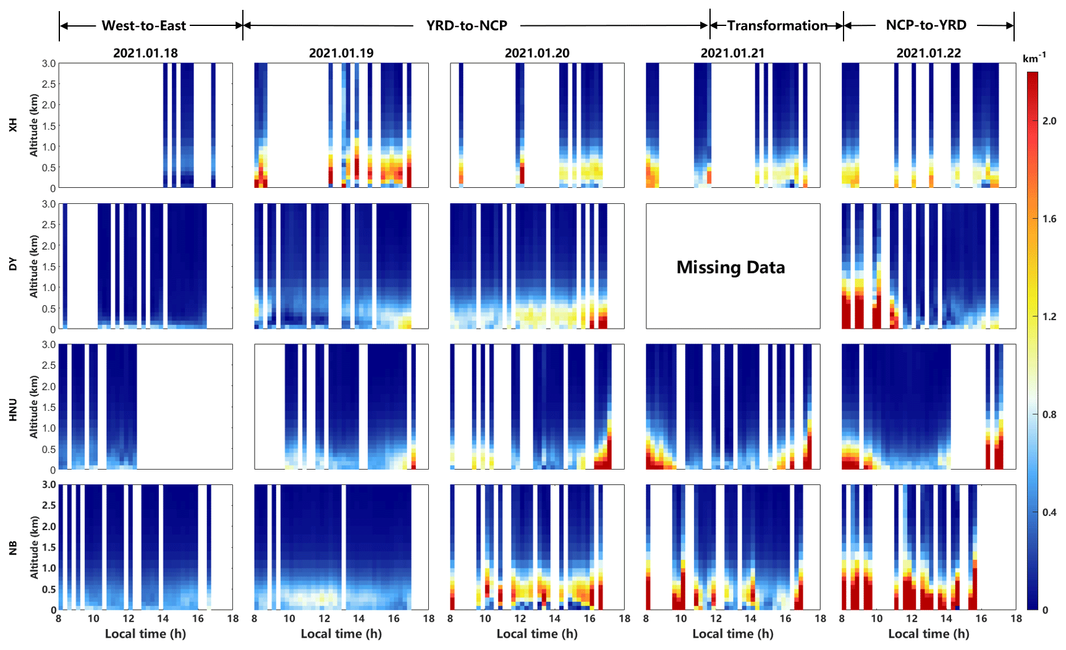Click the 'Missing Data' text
[x=731, y=267]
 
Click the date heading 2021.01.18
[x=145, y=53]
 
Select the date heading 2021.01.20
[x=537, y=53]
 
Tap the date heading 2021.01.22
[x=929, y=53]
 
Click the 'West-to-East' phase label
[x=143, y=26]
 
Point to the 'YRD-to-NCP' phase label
[x=467, y=26]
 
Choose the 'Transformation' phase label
[x=777, y=26]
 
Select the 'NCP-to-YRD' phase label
[x=926, y=25]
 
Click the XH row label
[x=13, y=125]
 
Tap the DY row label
[x=13, y=265]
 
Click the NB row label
[x=13, y=548]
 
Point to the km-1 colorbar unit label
[x=1034, y=59]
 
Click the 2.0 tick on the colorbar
[x=1049, y=121]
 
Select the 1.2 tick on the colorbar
[x=1049, y=317]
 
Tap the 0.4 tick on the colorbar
[x=1049, y=512]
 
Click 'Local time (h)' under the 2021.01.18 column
[x=145, y=634]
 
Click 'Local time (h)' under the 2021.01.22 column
[x=929, y=634]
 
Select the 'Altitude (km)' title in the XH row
[x=34, y=125]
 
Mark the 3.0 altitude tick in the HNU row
[x=49, y=345]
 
